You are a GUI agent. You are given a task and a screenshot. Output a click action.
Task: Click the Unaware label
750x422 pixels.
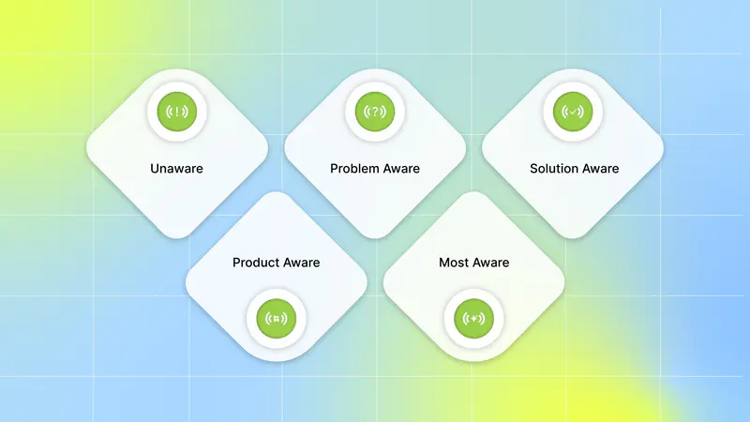click(176, 169)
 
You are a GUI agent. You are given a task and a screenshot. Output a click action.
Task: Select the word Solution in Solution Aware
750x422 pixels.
click(552, 169)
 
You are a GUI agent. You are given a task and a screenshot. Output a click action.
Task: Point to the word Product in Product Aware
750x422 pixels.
click(253, 263)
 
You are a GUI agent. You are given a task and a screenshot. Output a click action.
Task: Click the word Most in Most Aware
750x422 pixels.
click(454, 263)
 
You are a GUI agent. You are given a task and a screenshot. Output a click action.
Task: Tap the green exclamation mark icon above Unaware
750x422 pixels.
click(177, 112)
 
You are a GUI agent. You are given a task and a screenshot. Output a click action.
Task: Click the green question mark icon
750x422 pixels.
click(375, 112)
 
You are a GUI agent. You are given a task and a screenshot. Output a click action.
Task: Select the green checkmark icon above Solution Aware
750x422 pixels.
click(573, 112)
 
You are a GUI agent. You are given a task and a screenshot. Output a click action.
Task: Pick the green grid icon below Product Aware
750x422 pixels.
click(276, 318)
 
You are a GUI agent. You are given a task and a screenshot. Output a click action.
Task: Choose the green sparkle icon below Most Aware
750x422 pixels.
click(473, 318)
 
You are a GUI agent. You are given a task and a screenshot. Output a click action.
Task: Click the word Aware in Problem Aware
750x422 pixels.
click(397, 169)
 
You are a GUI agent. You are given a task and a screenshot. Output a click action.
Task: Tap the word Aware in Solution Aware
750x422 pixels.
click(598, 169)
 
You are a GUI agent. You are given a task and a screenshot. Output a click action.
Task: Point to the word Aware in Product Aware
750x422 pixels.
click(299, 263)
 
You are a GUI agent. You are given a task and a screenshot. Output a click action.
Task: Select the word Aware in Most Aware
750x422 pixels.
click(490, 263)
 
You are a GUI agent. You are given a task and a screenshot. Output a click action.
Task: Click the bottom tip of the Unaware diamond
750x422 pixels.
click(177, 238)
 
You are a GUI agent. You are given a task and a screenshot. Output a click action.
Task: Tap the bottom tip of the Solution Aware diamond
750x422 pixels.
click(573, 238)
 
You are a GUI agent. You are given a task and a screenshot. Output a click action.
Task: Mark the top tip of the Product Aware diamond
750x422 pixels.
click(276, 192)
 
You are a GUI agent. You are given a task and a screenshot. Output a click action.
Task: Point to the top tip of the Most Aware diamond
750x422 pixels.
click(473, 192)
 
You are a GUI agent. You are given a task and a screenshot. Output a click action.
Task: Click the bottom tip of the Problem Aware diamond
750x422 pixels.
click(375, 238)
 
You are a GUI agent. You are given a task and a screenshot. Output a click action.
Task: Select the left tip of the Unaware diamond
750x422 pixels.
click(87, 148)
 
